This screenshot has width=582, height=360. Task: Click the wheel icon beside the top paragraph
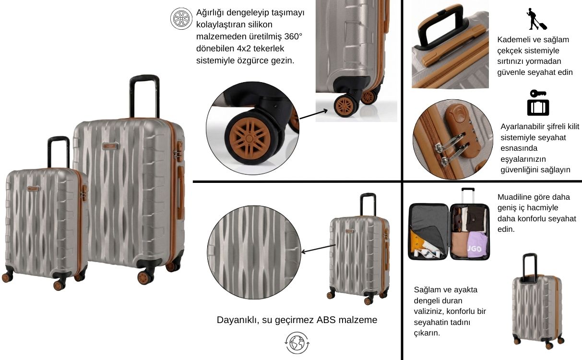click(181, 18)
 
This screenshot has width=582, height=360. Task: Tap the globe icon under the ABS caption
click(297, 343)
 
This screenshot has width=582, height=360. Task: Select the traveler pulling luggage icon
click(536, 19)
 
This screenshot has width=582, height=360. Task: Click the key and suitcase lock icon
click(538, 103)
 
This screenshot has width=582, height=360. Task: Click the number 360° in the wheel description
click(293, 36)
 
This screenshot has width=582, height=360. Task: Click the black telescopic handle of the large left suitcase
click(144, 96)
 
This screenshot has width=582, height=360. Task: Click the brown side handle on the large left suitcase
click(181, 192)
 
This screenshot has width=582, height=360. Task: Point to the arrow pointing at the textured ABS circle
click(318, 249)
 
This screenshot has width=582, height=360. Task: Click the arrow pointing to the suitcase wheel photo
click(313, 114)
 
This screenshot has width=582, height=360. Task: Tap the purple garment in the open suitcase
click(478, 245)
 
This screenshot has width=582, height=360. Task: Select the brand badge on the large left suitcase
click(110, 146)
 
